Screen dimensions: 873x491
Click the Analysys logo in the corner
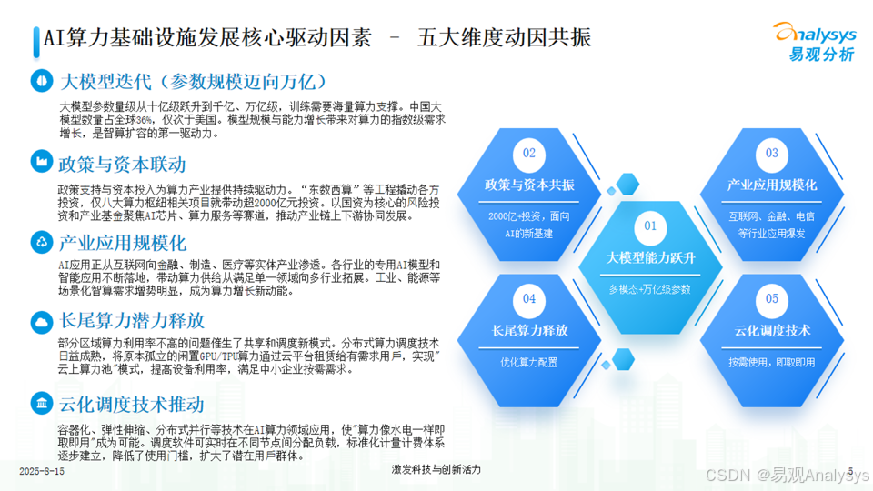click(x=815, y=41)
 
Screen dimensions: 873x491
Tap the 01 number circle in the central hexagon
click(x=650, y=226)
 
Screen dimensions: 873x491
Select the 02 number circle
click(x=529, y=153)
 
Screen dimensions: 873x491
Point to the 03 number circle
click(x=772, y=153)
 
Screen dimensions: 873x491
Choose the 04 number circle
click(x=529, y=299)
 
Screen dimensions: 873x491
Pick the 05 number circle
click(x=772, y=299)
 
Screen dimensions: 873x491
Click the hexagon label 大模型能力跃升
click(x=650, y=257)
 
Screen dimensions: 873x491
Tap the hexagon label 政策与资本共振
click(x=529, y=185)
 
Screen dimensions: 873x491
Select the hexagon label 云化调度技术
click(x=772, y=331)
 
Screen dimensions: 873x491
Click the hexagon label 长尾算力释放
click(x=529, y=331)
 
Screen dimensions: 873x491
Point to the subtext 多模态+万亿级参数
click(x=649, y=289)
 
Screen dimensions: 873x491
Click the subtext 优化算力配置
click(x=529, y=363)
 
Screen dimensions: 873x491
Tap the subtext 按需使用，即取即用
click(x=772, y=363)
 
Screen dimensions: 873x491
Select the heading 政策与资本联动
click(x=122, y=165)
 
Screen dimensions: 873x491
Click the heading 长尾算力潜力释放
click(x=132, y=321)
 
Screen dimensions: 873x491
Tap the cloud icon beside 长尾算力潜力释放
click(x=42, y=322)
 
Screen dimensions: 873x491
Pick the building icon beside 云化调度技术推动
click(x=42, y=403)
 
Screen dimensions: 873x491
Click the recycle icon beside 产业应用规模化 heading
click(x=42, y=242)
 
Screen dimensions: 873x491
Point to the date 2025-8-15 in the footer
click(x=42, y=472)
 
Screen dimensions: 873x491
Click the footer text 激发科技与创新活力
click(x=436, y=470)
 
